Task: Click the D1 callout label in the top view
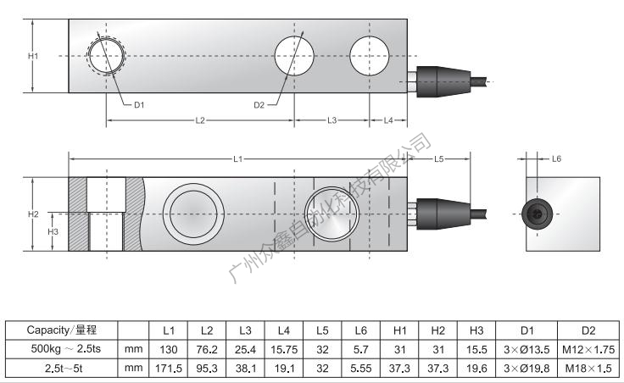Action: coord(140,105)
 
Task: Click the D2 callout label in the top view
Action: coord(259,105)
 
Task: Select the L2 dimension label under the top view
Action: coord(200,120)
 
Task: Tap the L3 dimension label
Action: coord(331,120)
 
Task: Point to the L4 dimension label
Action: coord(388,120)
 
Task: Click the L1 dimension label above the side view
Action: coord(238,158)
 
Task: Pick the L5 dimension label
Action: coord(438,158)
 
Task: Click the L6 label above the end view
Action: coord(556,158)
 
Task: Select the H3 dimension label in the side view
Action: coord(53,231)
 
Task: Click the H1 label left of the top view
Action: coord(32,56)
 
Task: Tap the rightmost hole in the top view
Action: coord(370,56)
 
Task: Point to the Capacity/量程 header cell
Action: coord(61,330)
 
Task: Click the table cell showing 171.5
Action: coord(168,368)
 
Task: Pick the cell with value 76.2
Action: coord(206,348)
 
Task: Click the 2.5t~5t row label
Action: coord(61,368)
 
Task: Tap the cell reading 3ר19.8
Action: coord(527,368)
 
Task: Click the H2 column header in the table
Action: coord(437,330)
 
